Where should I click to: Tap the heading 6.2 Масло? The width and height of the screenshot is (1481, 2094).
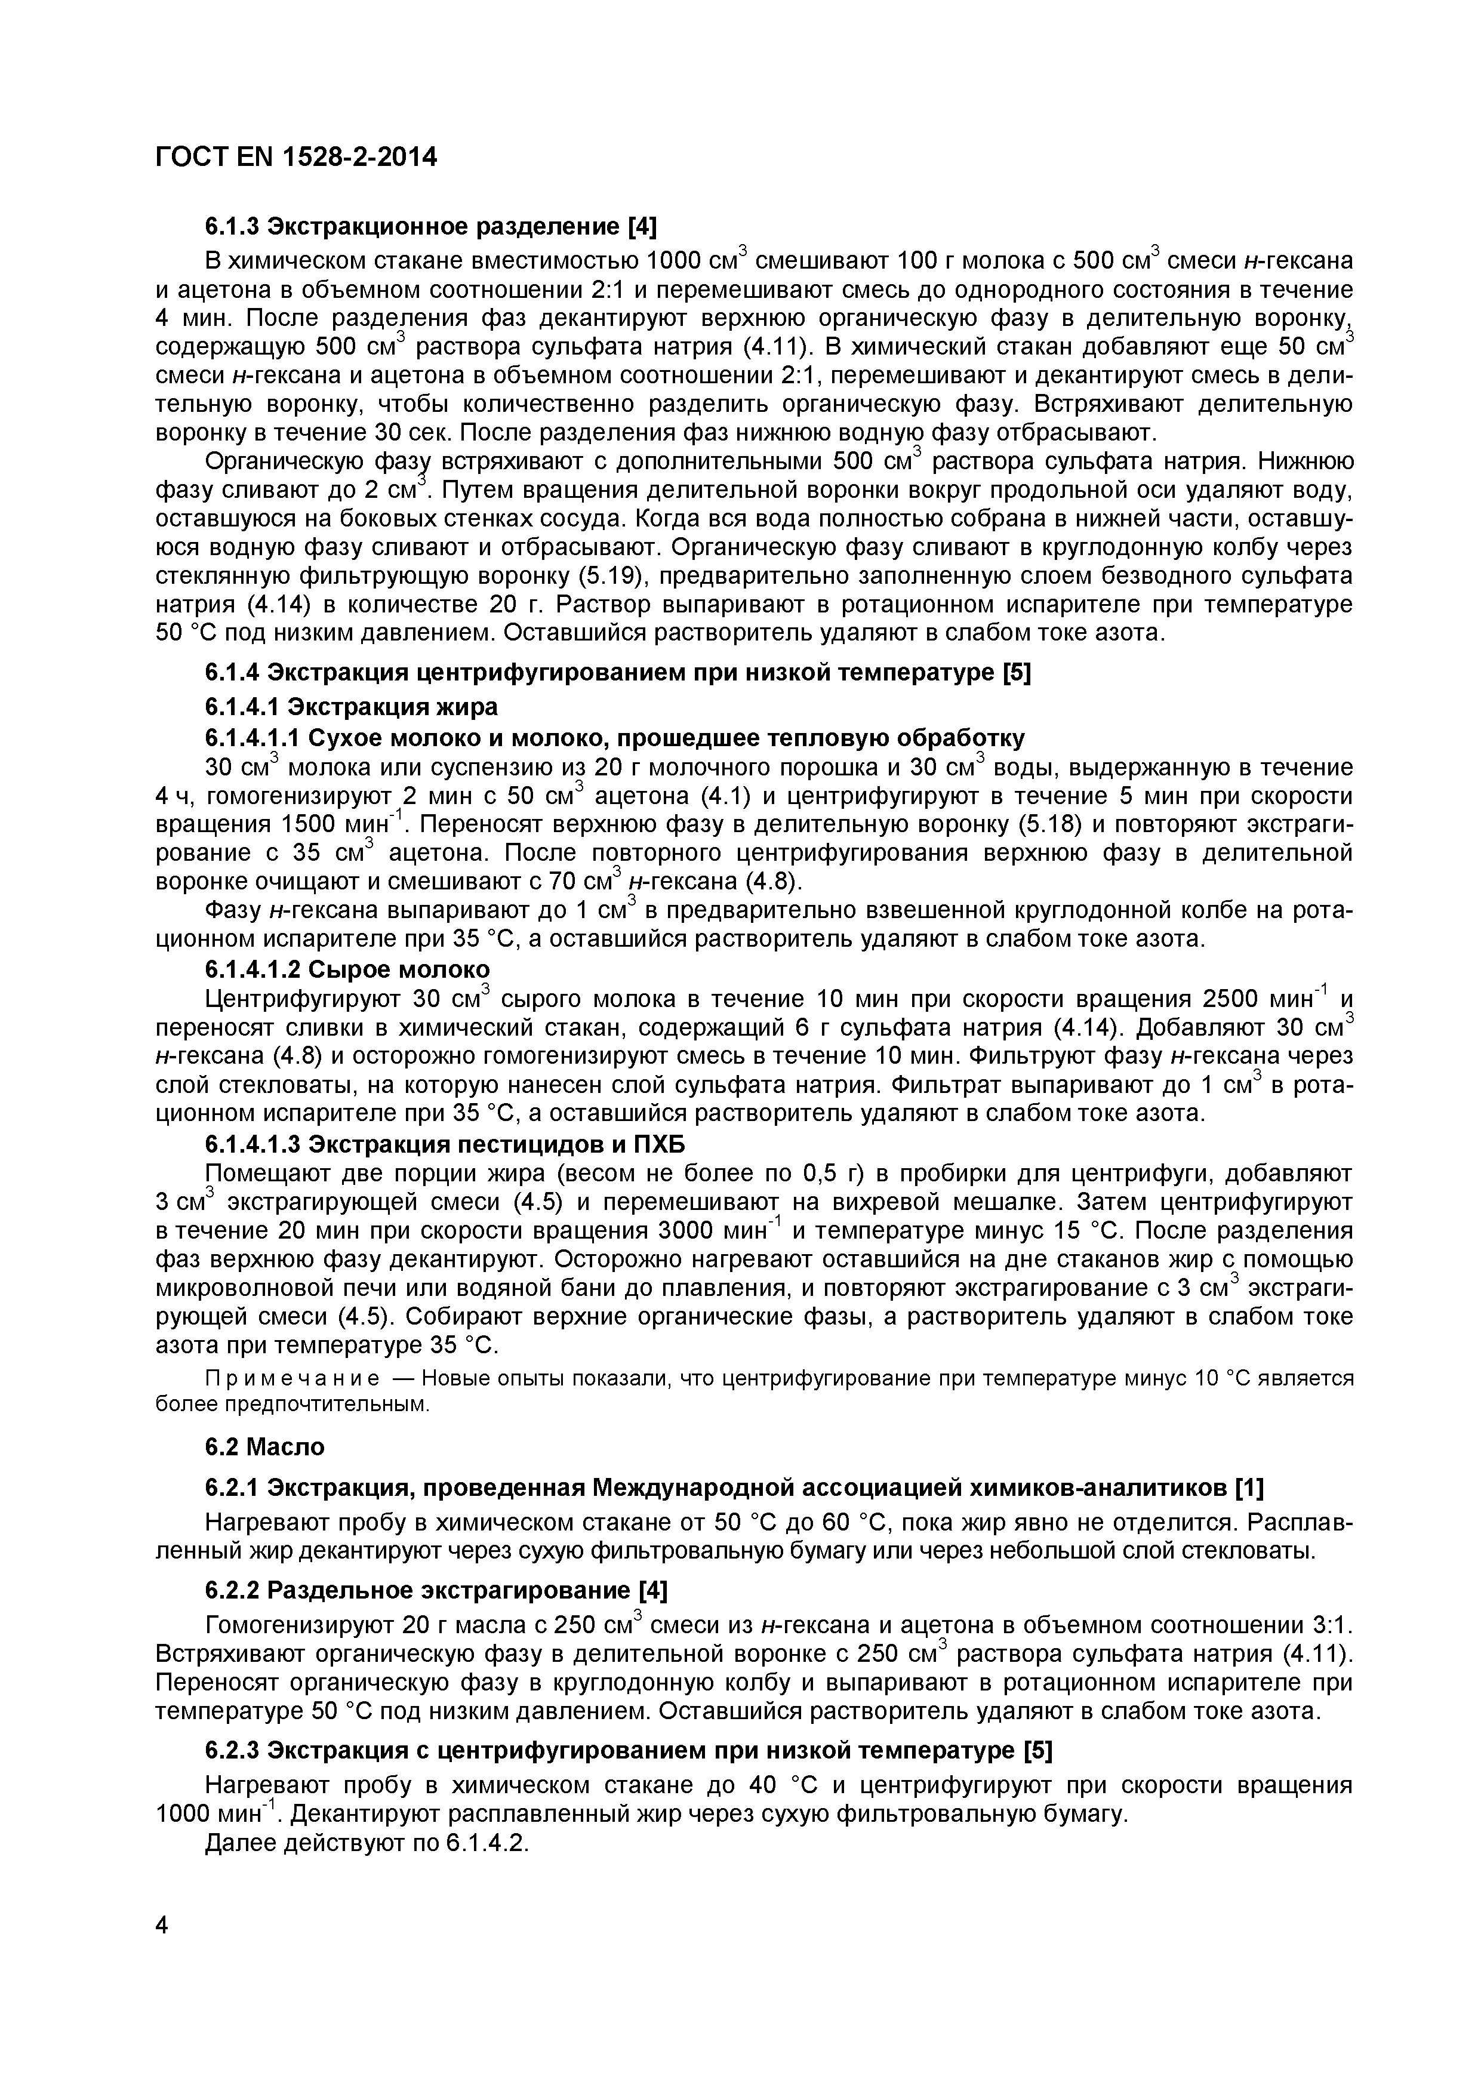click(x=264, y=1448)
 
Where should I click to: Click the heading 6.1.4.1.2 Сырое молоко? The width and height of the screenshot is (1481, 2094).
click(x=347, y=969)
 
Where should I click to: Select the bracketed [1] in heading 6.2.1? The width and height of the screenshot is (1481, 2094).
click(x=1248, y=1488)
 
